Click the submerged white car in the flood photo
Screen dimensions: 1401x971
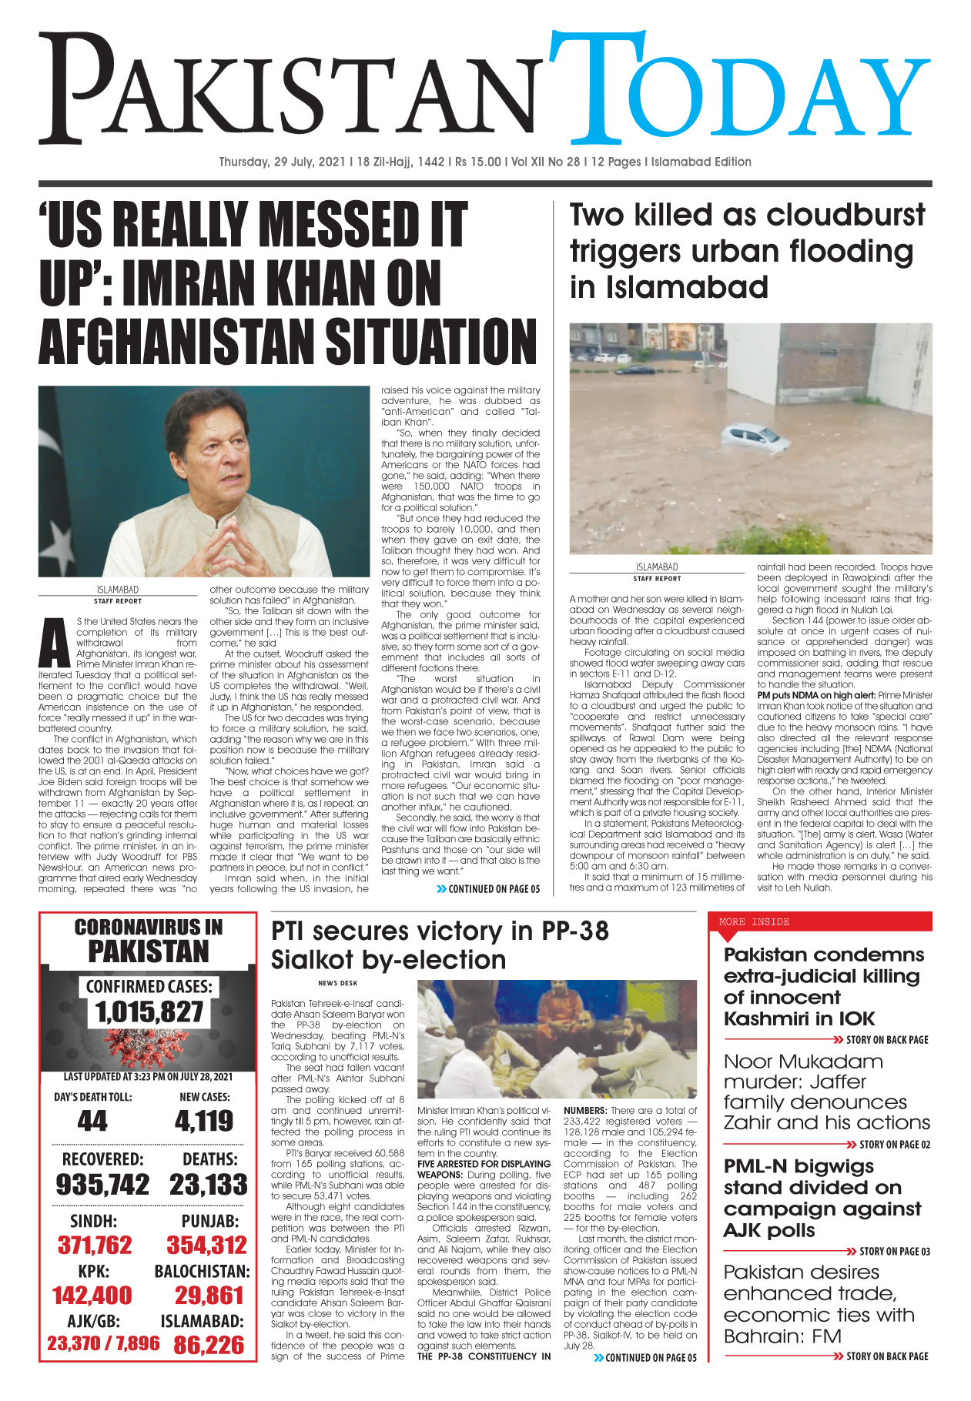coord(755,436)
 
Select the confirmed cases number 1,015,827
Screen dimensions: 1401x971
coord(149,1011)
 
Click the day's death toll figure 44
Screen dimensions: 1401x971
coord(92,1121)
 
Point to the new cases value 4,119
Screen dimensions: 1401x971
coord(204,1121)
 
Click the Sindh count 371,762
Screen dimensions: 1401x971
coord(95,1245)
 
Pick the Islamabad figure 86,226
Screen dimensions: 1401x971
coord(209,1345)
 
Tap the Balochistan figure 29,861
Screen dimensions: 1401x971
coord(209,1295)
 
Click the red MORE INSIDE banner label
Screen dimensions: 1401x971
coord(754,921)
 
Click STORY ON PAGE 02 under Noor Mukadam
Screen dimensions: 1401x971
coord(893,1145)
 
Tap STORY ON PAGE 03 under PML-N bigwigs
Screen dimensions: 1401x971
coord(893,1251)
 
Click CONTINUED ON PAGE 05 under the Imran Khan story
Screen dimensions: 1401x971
coord(494,888)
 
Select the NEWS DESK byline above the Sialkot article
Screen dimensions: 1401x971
coord(337,983)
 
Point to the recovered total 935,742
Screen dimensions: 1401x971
coord(102,1184)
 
